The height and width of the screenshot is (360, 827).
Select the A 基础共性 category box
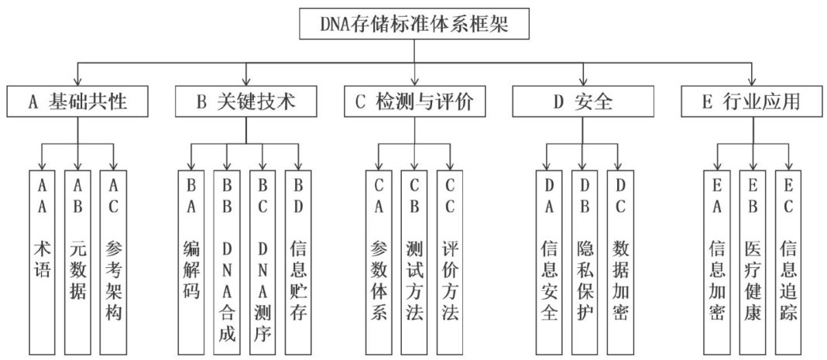[77, 102]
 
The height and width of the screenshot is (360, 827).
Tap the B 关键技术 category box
[245, 102]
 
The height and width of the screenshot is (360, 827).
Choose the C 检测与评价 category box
[413, 102]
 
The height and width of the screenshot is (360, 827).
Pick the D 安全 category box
[582, 102]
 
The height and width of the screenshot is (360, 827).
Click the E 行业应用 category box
[750, 102]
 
